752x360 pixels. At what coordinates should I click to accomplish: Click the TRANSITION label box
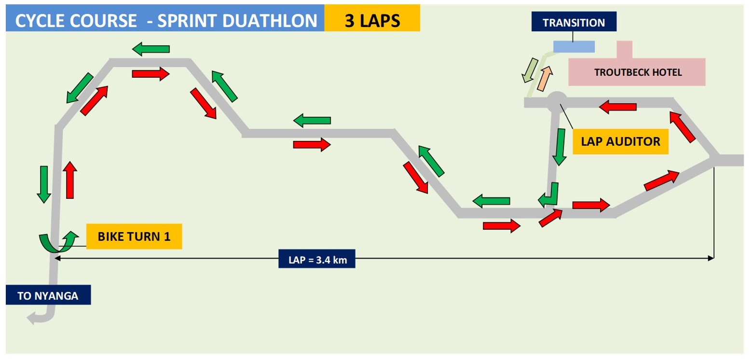coord(574,22)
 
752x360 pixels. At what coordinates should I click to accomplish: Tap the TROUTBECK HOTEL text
coord(638,72)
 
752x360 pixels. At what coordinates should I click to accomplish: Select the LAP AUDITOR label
coord(620,141)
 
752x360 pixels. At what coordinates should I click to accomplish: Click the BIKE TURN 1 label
coord(134,236)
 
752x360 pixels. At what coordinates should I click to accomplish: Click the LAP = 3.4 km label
coord(317,260)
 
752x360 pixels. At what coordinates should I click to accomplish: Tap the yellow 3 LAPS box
coord(372,21)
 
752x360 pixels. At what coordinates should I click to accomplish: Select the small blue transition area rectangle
coord(574,46)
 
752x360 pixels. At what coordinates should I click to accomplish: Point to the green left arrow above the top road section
coord(150,48)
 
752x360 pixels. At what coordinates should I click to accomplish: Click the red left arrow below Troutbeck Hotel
coord(618,107)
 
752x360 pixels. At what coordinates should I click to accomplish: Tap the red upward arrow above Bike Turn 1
coord(70,180)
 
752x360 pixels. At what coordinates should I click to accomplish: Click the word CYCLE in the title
coord(41,21)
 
